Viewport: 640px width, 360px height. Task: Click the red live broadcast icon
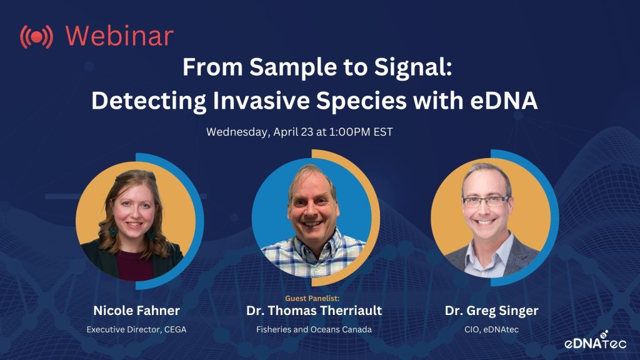pyautogui.click(x=36, y=37)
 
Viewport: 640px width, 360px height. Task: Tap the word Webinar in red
pyautogui.click(x=119, y=36)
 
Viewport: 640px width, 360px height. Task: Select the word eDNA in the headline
pyautogui.click(x=504, y=101)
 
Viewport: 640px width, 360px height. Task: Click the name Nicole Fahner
pyautogui.click(x=136, y=311)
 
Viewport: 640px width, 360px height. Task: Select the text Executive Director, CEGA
pyautogui.click(x=136, y=329)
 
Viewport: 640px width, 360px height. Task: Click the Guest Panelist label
pyautogui.click(x=312, y=298)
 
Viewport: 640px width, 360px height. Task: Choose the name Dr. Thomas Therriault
pyautogui.click(x=314, y=311)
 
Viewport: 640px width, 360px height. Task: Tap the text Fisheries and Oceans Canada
pyautogui.click(x=314, y=329)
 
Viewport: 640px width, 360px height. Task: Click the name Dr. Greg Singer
pyautogui.click(x=491, y=311)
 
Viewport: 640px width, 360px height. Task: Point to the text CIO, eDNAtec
pyautogui.click(x=491, y=329)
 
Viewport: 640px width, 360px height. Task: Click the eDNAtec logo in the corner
pyautogui.click(x=595, y=341)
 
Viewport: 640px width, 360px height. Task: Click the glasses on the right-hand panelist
pyautogui.click(x=486, y=201)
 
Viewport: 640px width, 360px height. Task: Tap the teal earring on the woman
pyautogui.click(x=112, y=231)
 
